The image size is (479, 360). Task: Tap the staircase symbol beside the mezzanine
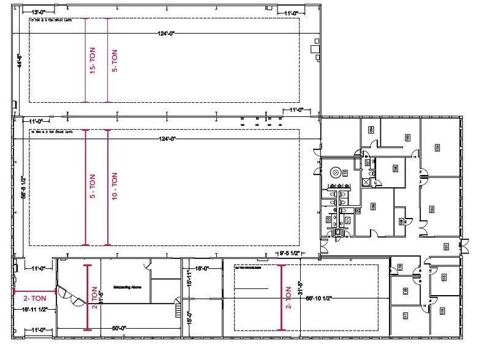pyautogui.click(x=178, y=304)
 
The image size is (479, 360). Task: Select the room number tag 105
pyautogui.click(x=432, y=209)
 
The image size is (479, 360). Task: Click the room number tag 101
pyautogui.click(x=447, y=246)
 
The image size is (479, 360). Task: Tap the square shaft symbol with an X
pyautogui.click(x=366, y=181)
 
